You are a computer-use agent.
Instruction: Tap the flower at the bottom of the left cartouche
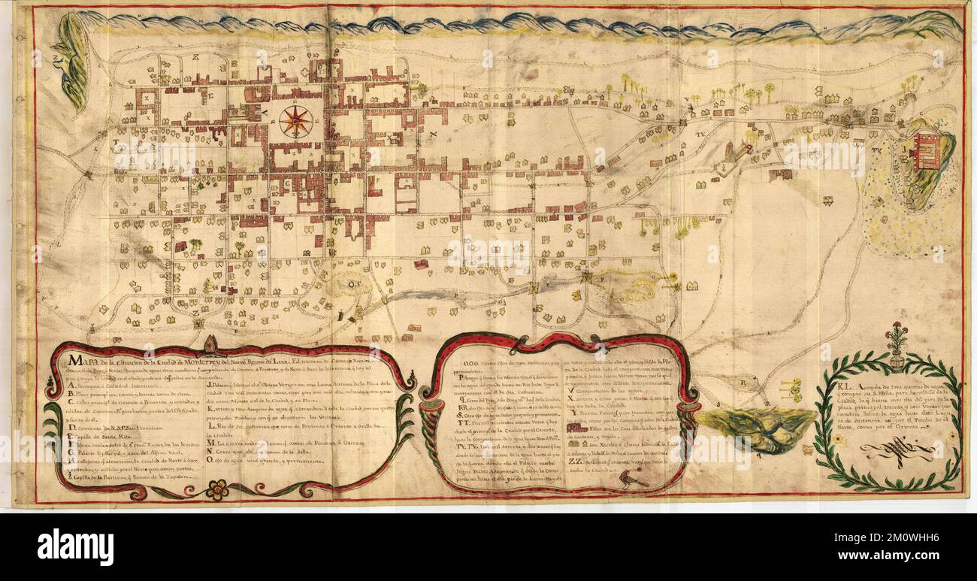tap(218, 490)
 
